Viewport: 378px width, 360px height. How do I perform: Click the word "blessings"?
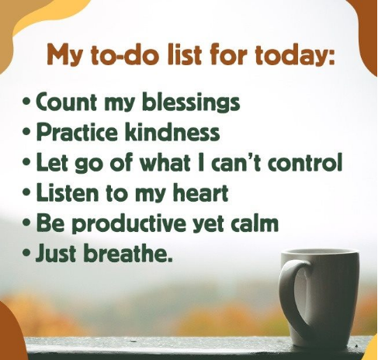(191, 102)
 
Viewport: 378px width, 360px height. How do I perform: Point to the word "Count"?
(68, 101)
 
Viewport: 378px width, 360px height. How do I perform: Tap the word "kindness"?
(172, 131)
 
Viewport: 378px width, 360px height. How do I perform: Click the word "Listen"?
(68, 192)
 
